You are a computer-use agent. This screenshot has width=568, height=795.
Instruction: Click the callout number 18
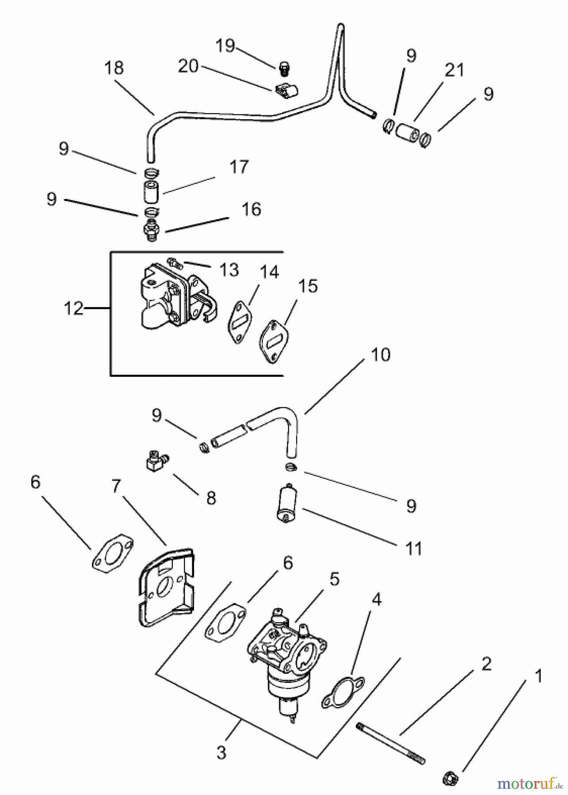tap(114, 68)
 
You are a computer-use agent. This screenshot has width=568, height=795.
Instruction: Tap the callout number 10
tap(381, 355)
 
